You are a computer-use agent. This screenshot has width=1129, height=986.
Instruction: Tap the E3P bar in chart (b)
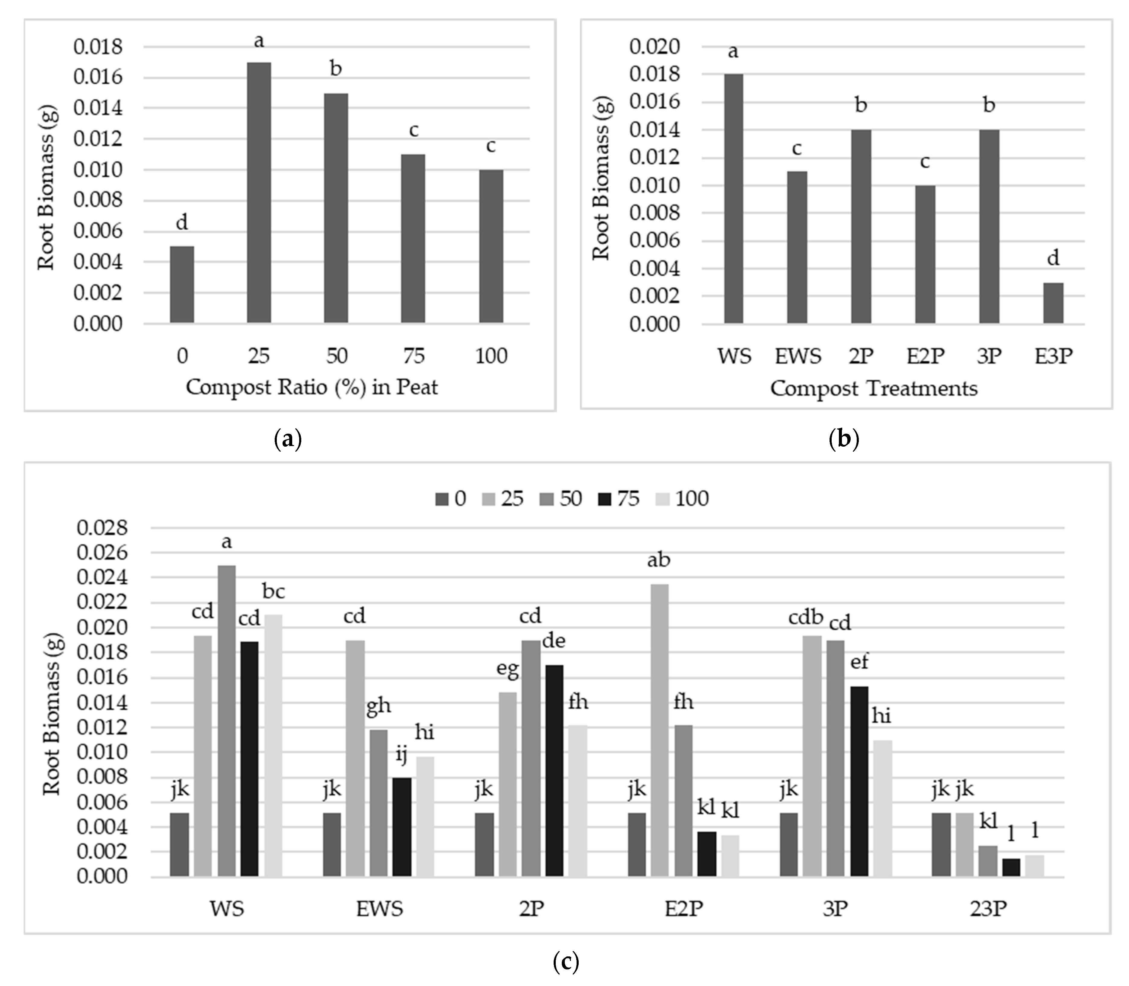[1053, 303]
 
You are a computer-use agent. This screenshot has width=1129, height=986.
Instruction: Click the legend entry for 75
[619, 499]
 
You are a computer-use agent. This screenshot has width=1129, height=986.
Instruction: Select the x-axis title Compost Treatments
[873, 388]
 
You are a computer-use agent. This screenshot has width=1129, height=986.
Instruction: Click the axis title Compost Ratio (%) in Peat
[312, 387]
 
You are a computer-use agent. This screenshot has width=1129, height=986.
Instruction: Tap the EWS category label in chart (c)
[379, 909]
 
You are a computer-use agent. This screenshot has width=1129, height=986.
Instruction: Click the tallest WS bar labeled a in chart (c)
[227, 721]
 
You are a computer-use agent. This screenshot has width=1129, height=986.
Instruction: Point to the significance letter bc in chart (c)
[273, 592]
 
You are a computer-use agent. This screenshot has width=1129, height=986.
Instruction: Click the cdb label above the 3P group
[806, 617]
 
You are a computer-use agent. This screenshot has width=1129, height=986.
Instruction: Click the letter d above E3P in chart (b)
[1053, 258]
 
